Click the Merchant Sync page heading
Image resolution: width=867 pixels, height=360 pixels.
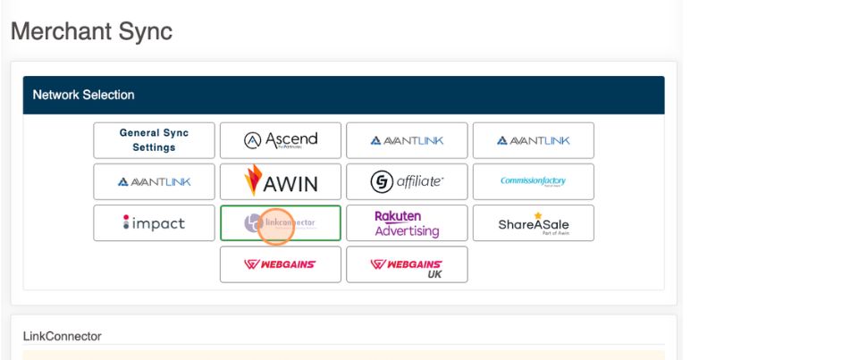(90, 31)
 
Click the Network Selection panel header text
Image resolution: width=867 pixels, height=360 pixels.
(83, 95)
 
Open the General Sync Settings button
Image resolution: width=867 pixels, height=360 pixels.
(154, 140)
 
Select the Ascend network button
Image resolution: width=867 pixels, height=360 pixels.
(280, 140)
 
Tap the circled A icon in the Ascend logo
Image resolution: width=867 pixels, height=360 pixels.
(252, 140)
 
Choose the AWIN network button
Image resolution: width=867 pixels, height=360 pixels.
(280, 181)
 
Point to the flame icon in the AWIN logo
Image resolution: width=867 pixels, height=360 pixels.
(254, 179)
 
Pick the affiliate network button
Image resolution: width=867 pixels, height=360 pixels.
(407, 181)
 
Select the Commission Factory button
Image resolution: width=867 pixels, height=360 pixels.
(533, 181)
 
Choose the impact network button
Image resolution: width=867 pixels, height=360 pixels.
(154, 223)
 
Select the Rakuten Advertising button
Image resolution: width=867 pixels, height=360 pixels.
(407, 223)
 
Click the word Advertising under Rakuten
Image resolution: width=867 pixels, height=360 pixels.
(407, 231)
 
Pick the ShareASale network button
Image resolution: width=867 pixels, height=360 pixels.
(533, 223)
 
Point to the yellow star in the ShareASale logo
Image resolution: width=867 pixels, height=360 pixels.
(538, 216)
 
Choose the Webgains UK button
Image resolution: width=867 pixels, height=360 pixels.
(407, 264)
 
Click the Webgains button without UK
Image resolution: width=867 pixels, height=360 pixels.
(280, 264)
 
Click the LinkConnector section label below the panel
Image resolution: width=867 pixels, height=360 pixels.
(62, 337)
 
